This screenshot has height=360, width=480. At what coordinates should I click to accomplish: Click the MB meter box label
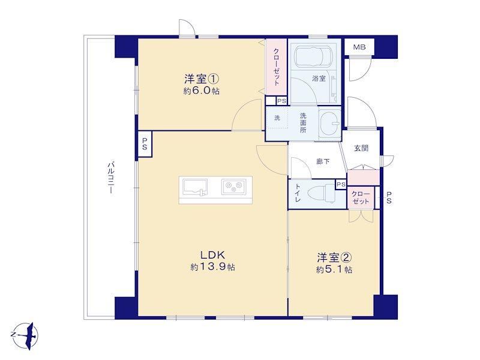(359, 47)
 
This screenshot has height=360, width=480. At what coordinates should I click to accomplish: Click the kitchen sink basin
(195, 187)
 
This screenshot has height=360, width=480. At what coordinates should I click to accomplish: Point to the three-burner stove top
(234, 187)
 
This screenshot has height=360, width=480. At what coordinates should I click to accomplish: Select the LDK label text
(213, 254)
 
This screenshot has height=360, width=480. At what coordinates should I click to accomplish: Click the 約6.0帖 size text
(201, 91)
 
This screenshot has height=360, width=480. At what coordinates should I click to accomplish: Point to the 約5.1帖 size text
(334, 269)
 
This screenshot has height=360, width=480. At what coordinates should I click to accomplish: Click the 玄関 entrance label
(361, 148)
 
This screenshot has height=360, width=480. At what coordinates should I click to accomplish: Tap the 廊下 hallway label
(323, 161)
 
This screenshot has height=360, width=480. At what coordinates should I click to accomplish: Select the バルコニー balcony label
(110, 178)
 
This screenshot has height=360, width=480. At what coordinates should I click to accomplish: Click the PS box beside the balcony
(145, 144)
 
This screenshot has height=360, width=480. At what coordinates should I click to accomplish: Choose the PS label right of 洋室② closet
(389, 197)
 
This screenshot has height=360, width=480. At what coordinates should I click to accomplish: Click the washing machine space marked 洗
(277, 118)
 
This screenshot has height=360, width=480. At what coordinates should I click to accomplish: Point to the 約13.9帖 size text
(213, 267)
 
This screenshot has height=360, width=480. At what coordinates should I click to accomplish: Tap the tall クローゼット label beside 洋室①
(276, 67)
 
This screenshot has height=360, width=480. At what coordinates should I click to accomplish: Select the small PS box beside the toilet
(341, 185)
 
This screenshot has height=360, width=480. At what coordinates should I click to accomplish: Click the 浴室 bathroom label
(319, 79)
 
